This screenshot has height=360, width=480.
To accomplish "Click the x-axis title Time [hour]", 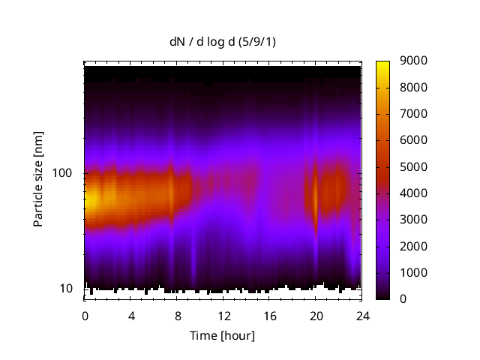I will (x=222, y=335).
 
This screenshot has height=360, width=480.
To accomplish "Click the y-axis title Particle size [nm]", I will (x=38, y=180).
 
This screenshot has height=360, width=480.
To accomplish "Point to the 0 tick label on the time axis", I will (x=85, y=315).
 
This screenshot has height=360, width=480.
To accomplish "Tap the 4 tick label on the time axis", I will (x=131, y=315).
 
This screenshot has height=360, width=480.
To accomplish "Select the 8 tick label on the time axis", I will (x=177, y=315).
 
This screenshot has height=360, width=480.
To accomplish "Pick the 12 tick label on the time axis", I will (x=223, y=315).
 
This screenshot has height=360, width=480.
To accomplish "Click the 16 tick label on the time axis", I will (x=269, y=315).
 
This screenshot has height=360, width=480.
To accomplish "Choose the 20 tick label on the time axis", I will (x=316, y=315).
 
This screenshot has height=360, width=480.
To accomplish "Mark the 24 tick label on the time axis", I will (x=361, y=315).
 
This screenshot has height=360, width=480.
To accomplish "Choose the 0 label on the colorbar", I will (x=403, y=299).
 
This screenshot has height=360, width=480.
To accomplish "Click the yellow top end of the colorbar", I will (x=382, y=63).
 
